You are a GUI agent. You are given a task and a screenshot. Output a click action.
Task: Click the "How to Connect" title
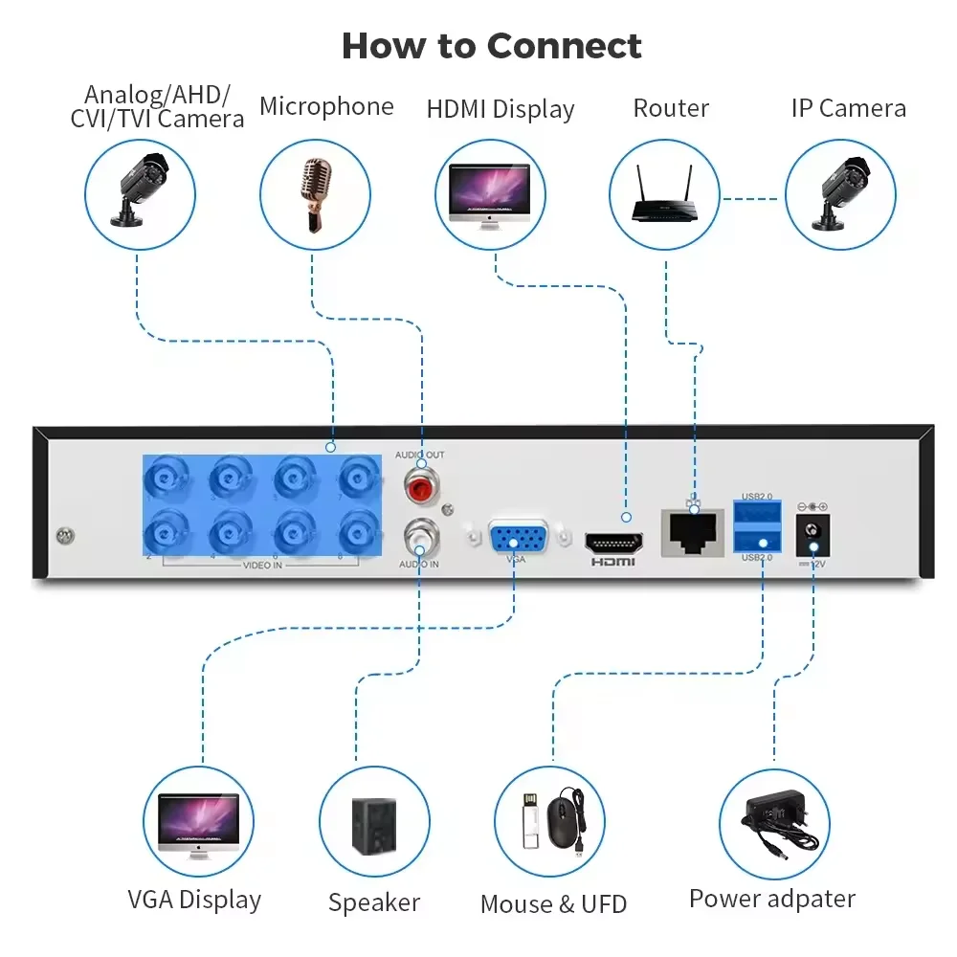tap(491, 46)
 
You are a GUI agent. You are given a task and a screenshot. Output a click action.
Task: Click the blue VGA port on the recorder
tap(517, 538)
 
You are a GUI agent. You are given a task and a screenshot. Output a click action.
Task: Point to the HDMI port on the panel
tap(613, 542)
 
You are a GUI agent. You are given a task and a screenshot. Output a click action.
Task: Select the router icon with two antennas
tap(665, 194)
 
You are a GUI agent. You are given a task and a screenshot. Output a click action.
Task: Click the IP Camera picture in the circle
tap(839, 194)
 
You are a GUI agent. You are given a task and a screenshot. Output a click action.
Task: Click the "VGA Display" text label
tap(194, 900)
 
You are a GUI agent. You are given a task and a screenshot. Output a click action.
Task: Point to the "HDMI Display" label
tap(501, 110)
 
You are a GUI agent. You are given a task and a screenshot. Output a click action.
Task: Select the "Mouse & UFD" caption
tap(553, 903)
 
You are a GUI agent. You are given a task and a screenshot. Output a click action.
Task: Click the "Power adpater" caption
tap(771, 899)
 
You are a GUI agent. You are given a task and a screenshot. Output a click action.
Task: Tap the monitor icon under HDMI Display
tap(489, 194)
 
